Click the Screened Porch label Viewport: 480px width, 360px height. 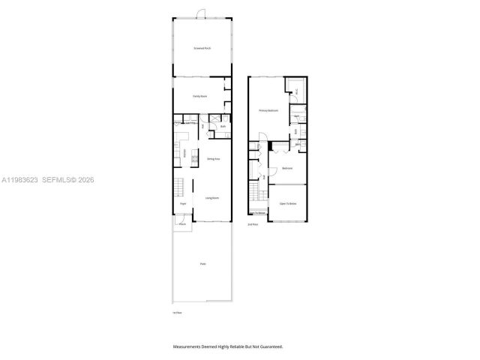[202, 48]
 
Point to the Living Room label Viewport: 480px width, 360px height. [212, 198]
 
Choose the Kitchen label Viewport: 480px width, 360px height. [184, 153]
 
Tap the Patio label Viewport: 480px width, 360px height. [202, 264]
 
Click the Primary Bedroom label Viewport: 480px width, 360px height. [268, 110]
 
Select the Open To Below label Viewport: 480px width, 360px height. [289, 203]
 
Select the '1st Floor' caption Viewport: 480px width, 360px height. [178, 312]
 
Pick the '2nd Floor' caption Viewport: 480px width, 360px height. [253, 224]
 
